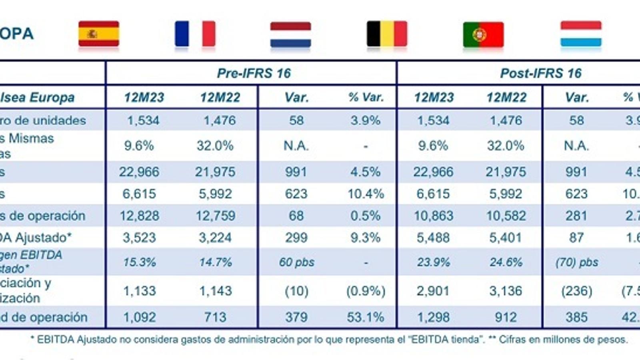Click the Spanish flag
(99, 34)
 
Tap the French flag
(195, 34)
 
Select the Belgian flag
(387, 34)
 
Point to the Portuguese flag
(483, 35)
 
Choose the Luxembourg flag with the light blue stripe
(581, 34)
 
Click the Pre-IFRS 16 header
(254, 73)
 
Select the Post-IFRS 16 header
(541, 73)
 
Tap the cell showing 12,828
(139, 216)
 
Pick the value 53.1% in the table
(365, 317)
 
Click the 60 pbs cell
(296, 262)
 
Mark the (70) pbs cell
(576, 262)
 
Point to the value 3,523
(139, 238)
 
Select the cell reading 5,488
(434, 238)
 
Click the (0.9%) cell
(366, 291)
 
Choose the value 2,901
(434, 291)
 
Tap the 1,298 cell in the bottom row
(434, 317)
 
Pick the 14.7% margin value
(215, 262)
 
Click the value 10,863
(434, 216)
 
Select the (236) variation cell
(576, 291)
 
